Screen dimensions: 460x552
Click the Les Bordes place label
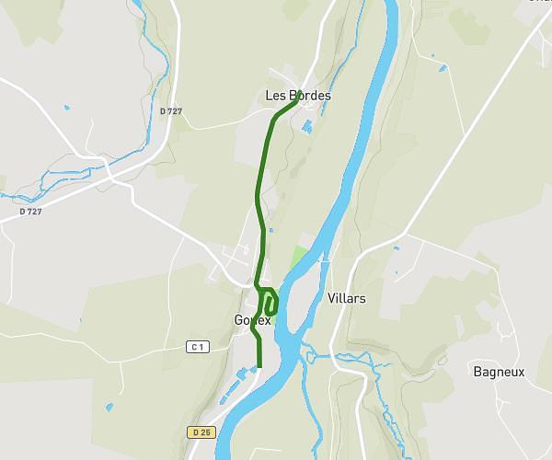point(297,96)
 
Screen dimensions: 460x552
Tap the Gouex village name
point(253,320)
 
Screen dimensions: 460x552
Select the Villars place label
point(346,299)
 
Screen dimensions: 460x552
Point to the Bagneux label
point(499,373)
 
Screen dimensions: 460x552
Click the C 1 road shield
point(197,347)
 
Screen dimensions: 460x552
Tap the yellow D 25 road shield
point(202,431)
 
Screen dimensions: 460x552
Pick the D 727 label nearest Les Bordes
point(171,111)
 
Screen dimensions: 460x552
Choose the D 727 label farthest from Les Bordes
point(30,212)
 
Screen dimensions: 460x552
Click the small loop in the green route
point(270,304)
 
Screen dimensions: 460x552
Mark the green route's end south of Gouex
point(259,366)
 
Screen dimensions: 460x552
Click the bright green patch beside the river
point(300,257)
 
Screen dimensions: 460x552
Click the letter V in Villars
point(331,299)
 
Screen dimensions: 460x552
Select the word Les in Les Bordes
point(274,96)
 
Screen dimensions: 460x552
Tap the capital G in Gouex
point(239,320)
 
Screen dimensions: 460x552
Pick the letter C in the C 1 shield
point(194,347)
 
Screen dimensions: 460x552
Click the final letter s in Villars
point(362,299)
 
